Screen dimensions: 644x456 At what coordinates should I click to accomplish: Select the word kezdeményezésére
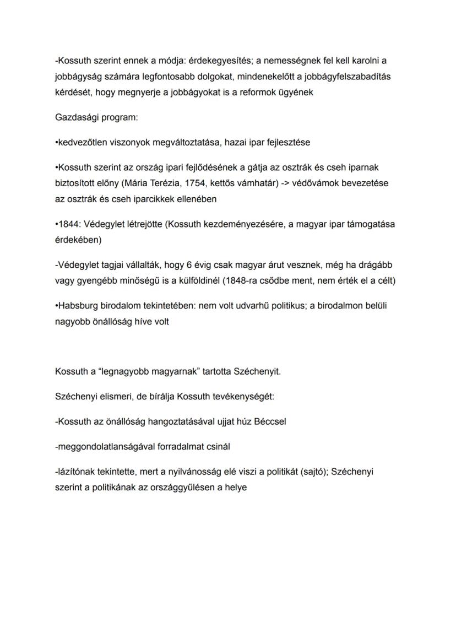[x=242, y=224]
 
